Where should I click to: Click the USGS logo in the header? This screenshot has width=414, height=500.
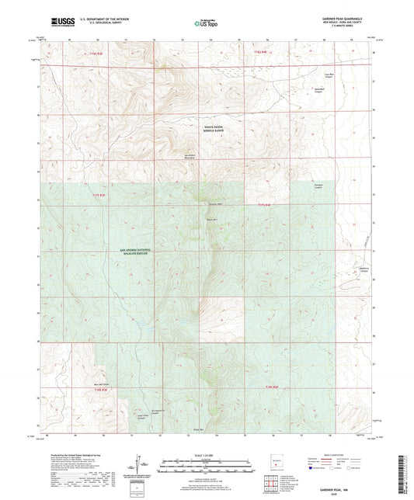click(x=63, y=21)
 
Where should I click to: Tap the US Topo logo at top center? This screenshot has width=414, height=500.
click(x=206, y=23)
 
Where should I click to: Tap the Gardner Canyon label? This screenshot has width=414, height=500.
click(x=318, y=186)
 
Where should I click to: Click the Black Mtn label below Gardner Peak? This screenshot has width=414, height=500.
click(x=211, y=220)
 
